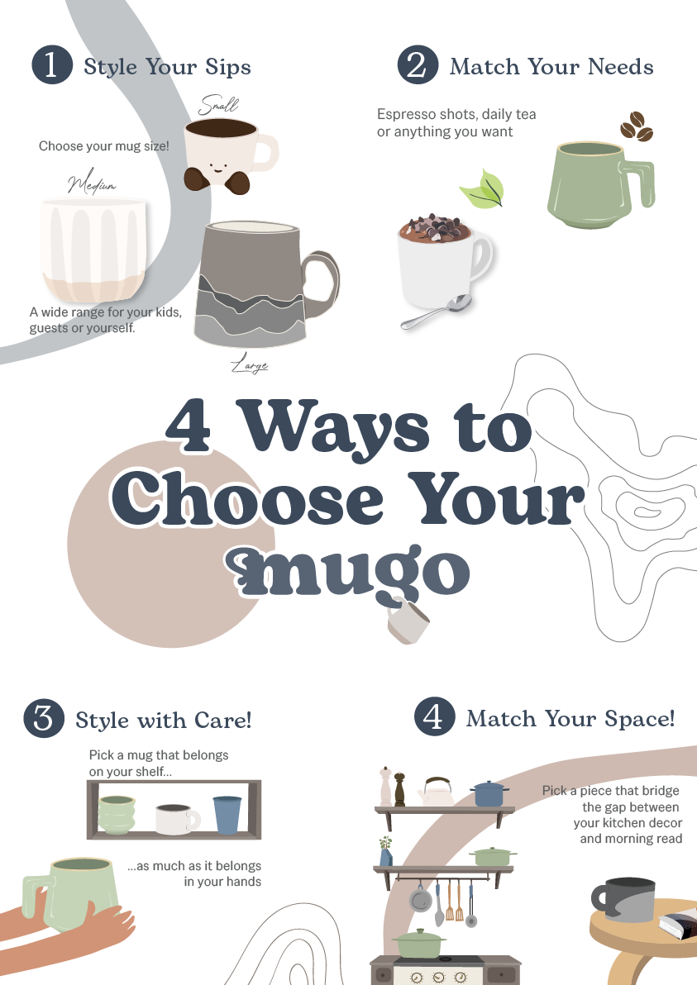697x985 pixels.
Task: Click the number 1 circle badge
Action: point(52,64)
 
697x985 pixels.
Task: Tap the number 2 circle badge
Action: point(418,64)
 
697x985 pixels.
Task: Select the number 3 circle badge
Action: point(44,718)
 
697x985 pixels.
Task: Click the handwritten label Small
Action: point(219,105)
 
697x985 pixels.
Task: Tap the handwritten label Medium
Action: point(92,182)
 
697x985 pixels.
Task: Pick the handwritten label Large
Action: point(250,364)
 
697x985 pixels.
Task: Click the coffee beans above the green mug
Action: point(637,126)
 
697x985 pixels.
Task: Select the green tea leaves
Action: point(483,190)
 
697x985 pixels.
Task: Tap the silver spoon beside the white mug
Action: point(437,312)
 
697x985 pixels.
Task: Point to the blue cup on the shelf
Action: point(227,815)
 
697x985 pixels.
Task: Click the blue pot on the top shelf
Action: point(489,794)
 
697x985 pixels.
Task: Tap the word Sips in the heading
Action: point(228,67)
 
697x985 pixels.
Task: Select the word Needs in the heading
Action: point(621,67)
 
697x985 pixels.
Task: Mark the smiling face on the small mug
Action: point(219,167)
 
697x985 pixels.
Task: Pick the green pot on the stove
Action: point(418,944)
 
